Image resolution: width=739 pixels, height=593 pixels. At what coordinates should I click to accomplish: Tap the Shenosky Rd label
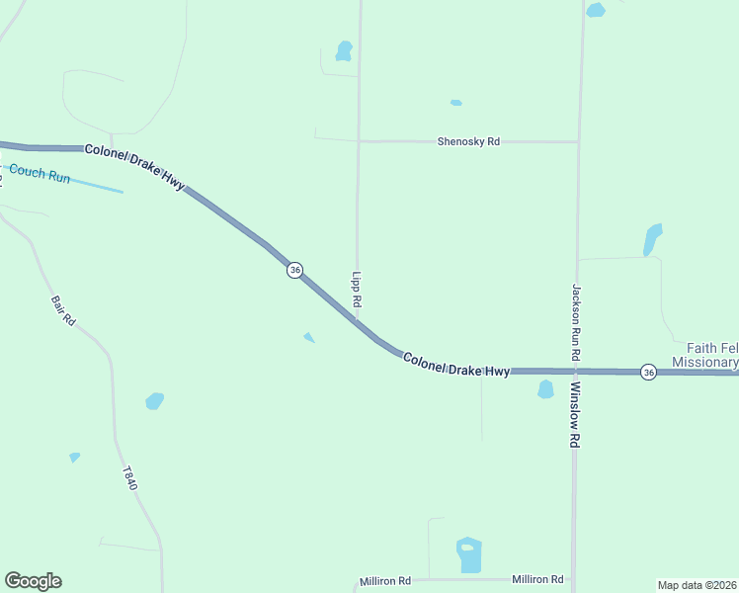pyautogui.click(x=468, y=142)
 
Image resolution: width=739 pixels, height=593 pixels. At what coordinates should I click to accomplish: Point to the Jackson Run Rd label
pyautogui.click(x=576, y=321)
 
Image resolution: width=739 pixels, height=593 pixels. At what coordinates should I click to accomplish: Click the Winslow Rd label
pyautogui.click(x=574, y=415)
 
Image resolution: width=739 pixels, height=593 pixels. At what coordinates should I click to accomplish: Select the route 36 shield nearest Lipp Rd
pyautogui.click(x=294, y=270)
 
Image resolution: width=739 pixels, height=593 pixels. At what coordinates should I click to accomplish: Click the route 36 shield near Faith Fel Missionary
pyautogui.click(x=648, y=372)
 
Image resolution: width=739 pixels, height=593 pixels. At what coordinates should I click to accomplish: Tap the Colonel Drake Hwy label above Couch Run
pyautogui.click(x=134, y=167)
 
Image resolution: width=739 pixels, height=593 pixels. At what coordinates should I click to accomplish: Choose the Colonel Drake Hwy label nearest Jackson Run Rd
pyautogui.click(x=456, y=364)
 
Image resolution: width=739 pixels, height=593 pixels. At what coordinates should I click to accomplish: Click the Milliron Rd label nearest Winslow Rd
pyautogui.click(x=537, y=579)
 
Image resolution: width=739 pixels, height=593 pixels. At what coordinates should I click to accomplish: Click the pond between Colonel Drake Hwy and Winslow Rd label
pyautogui.click(x=545, y=389)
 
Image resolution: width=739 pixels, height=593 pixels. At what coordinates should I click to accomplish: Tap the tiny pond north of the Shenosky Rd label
pyautogui.click(x=455, y=103)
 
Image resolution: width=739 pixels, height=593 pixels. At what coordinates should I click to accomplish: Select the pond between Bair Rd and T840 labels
pyautogui.click(x=154, y=400)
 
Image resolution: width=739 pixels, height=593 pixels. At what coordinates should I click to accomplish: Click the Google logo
pyautogui.click(x=33, y=581)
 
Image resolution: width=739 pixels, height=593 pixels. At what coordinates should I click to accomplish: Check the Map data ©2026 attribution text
pyautogui.click(x=697, y=585)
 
